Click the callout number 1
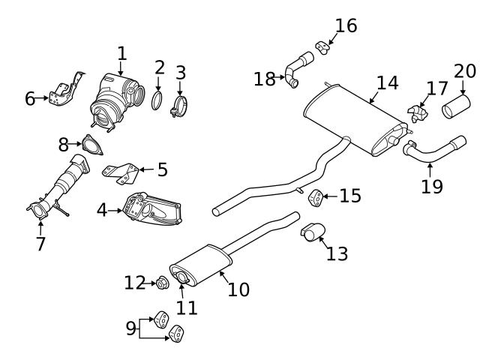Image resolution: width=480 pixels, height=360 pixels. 122,54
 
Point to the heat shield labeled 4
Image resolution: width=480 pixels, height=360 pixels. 154,212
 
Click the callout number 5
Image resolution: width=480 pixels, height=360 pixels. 162,170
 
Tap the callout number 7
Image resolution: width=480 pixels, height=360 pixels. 40,244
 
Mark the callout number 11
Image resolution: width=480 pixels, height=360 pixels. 186,307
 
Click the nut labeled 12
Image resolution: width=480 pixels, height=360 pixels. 160,283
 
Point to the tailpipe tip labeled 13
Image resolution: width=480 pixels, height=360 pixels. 312,232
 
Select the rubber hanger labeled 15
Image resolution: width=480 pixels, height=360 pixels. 316,197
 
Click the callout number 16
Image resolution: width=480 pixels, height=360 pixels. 346,25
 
